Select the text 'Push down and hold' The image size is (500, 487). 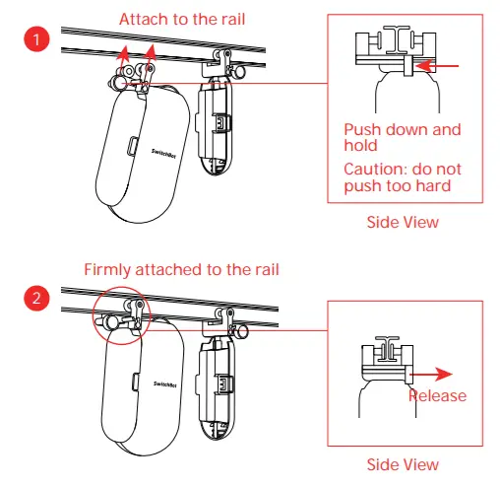tap(402, 137)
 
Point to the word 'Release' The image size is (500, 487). tap(437, 396)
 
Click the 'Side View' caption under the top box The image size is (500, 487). tap(403, 223)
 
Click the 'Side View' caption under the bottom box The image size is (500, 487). tap(403, 464)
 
